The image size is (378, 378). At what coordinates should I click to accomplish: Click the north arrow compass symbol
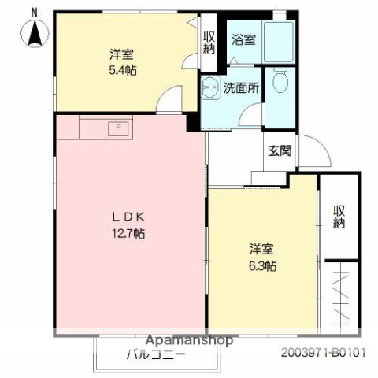click(35, 33)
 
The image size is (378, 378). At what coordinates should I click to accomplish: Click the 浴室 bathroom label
click(243, 39)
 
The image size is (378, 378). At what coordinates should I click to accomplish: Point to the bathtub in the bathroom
click(278, 39)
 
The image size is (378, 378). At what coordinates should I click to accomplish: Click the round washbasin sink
click(209, 88)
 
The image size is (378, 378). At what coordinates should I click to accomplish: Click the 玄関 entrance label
click(279, 150)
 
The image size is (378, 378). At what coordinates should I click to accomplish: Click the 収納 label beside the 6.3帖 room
click(339, 217)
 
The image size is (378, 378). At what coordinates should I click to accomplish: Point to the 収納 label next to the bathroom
click(209, 41)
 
